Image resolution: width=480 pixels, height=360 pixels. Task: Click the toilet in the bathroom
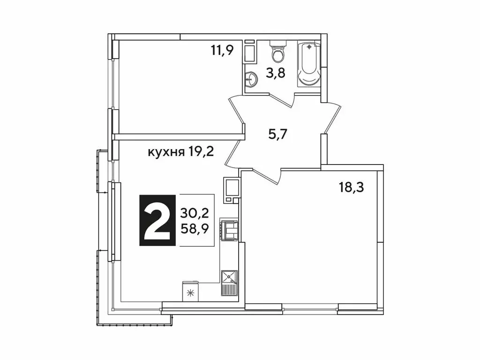[278, 55]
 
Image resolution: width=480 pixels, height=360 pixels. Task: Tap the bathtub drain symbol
[309, 47]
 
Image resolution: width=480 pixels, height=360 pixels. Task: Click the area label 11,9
[222, 50]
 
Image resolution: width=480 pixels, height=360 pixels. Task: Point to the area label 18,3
[352, 187]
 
